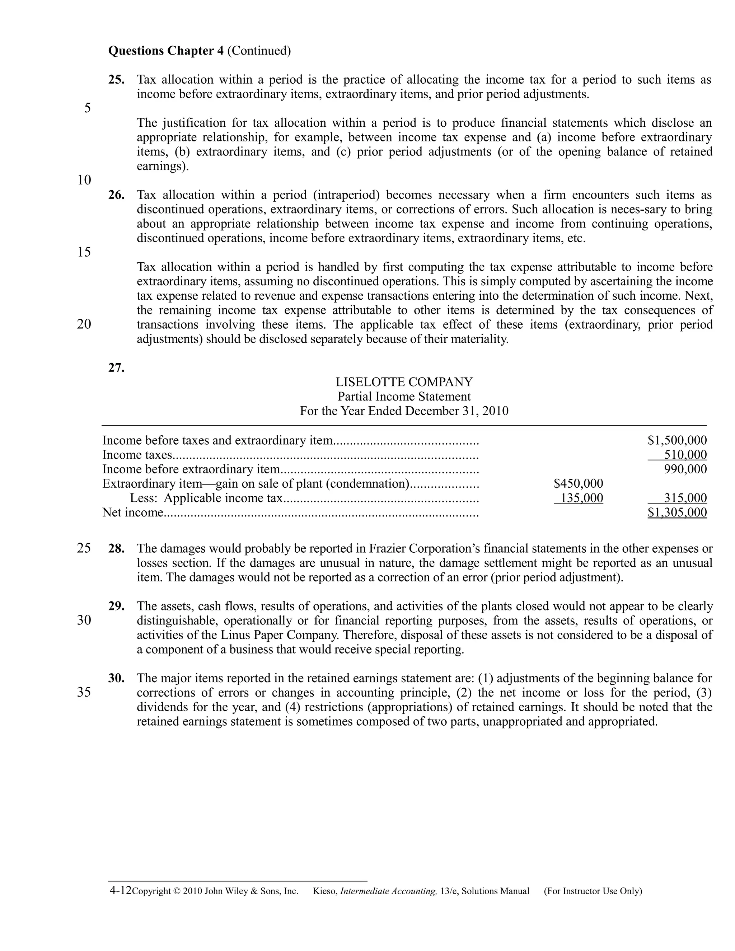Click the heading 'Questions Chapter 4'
[x=166, y=51]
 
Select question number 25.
[x=116, y=80]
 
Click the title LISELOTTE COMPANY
[x=404, y=382]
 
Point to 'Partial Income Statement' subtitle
[x=404, y=396]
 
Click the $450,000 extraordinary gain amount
[x=578, y=483]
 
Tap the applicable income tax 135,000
[x=581, y=498]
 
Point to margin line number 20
[x=84, y=324]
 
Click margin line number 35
[x=84, y=692]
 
